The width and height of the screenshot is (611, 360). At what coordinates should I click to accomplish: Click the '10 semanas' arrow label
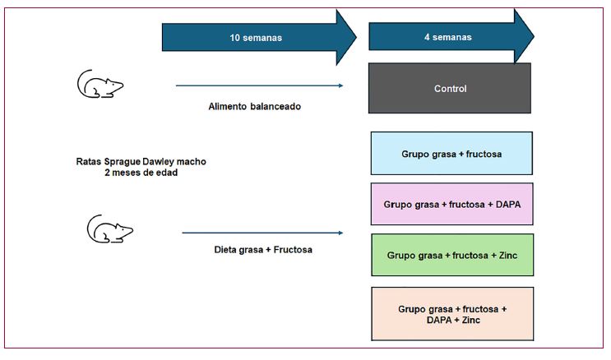(x=256, y=38)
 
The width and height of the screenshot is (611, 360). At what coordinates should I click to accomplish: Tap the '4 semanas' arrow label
(x=447, y=37)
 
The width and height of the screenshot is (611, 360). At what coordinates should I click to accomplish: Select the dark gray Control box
(x=450, y=89)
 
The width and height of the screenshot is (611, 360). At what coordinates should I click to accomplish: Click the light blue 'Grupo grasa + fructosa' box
(x=451, y=153)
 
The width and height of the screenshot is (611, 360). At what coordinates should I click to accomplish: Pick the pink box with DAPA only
(x=452, y=204)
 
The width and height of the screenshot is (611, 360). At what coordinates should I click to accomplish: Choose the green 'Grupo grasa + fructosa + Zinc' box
(x=452, y=255)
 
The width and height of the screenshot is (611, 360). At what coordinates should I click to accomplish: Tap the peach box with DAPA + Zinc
(x=452, y=314)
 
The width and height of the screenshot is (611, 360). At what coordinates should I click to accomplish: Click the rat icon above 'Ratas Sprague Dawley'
(x=100, y=84)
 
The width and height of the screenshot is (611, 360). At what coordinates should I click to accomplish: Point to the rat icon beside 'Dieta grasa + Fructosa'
(x=110, y=229)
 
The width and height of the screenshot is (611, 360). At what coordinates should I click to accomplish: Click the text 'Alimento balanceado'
(x=254, y=106)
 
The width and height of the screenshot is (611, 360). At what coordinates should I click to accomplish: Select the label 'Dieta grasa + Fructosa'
(x=263, y=249)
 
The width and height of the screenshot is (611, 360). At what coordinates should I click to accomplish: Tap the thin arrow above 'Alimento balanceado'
(x=260, y=85)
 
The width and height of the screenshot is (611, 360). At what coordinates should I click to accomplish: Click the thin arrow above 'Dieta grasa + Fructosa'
(x=262, y=233)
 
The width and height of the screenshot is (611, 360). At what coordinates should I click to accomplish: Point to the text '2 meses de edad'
(x=141, y=173)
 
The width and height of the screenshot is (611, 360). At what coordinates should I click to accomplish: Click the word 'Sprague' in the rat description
(x=122, y=162)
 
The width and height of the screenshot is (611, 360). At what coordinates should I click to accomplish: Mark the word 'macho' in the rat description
(x=192, y=161)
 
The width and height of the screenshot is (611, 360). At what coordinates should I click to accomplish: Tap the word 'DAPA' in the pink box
(x=508, y=204)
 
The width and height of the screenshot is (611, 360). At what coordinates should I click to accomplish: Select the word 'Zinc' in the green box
(x=508, y=255)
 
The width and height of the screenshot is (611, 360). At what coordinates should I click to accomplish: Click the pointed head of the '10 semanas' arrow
(x=356, y=38)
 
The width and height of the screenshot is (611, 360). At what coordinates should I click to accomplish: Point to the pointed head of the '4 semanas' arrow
(x=534, y=36)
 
